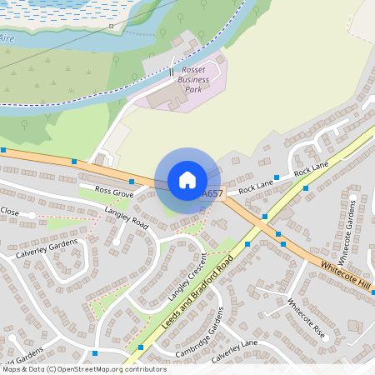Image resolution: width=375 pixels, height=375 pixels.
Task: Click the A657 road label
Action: point(212,194)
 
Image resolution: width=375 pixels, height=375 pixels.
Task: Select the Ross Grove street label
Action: point(114,192)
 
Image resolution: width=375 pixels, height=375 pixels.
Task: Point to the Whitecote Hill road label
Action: point(345,275)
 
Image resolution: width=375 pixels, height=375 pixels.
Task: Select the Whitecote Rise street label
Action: point(306,317)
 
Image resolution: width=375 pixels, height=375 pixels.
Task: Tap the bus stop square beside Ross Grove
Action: point(132,181)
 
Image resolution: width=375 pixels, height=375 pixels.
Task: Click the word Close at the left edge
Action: point(9,212)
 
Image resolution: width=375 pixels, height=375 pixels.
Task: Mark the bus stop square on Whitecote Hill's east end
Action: point(373,292)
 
